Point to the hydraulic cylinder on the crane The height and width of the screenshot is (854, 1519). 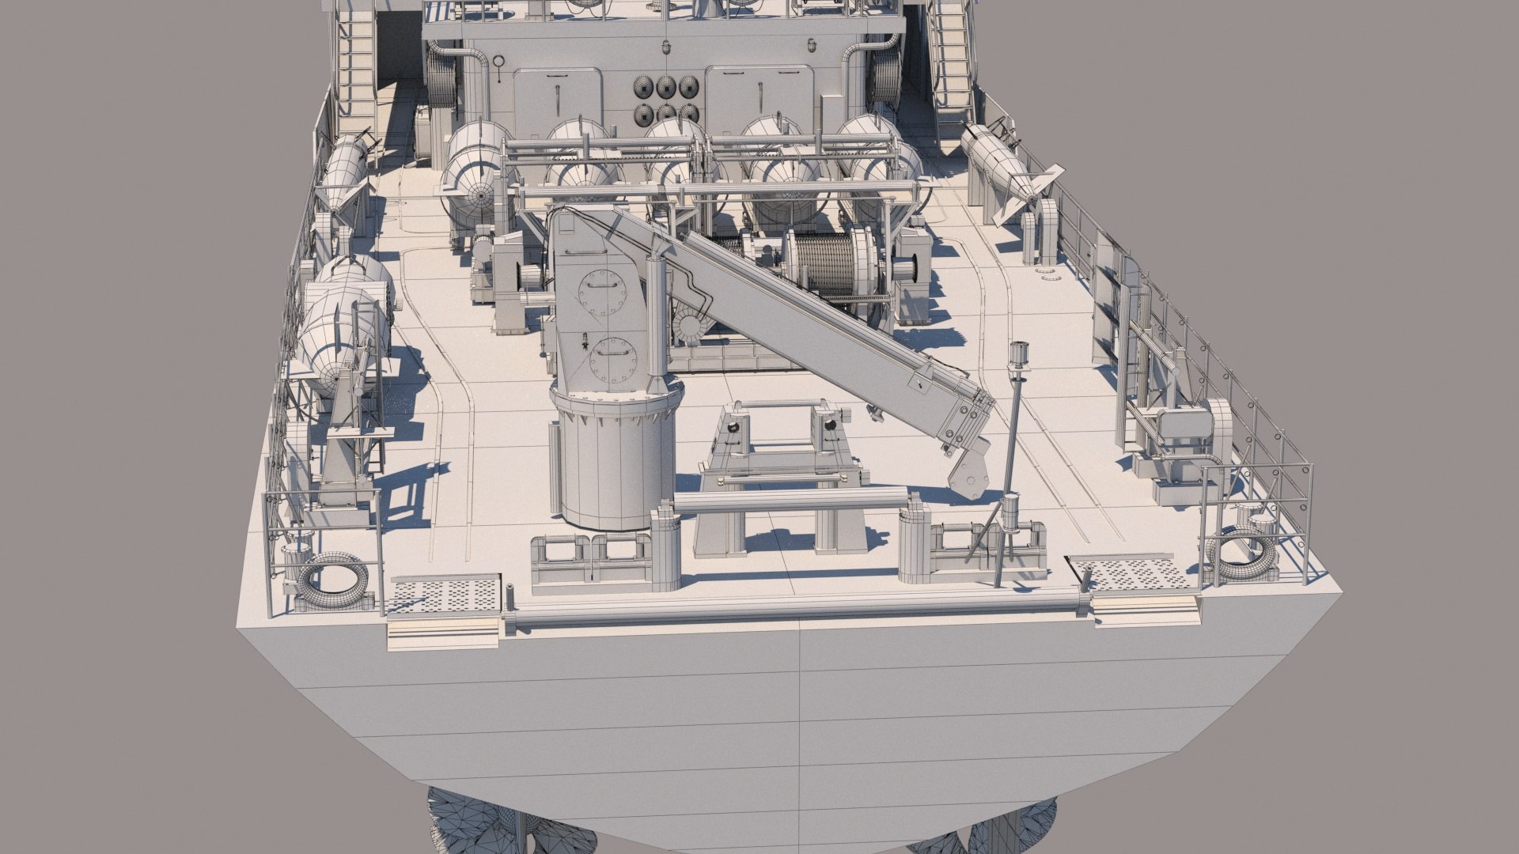point(657,316)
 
